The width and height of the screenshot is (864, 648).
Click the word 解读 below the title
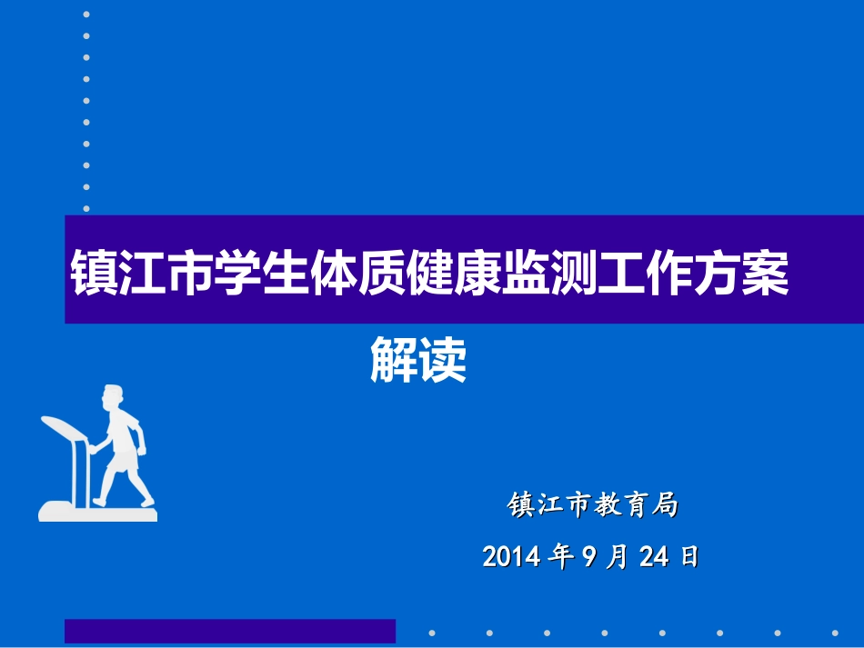[x=418, y=361]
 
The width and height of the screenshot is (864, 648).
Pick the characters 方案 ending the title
[x=741, y=270]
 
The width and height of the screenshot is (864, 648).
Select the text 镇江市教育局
[x=592, y=505]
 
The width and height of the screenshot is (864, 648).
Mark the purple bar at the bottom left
[x=230, y=631]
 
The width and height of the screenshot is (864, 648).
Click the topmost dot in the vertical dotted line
[x=86, y=15]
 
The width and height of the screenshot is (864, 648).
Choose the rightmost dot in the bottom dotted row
[x=835, y=633]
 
